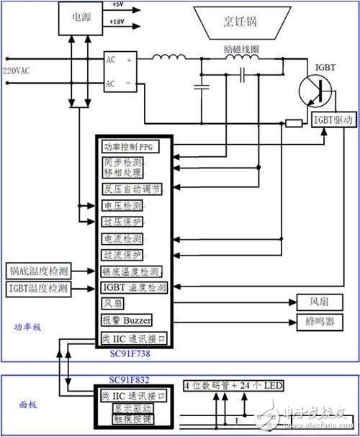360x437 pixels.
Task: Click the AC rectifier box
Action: pos(117,71)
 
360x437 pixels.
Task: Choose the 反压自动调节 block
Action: pos(134,189)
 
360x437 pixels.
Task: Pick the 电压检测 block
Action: pos(122,206)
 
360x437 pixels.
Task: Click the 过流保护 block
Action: pos(122,255)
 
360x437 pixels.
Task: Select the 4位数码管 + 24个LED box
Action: pos(233,387)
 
